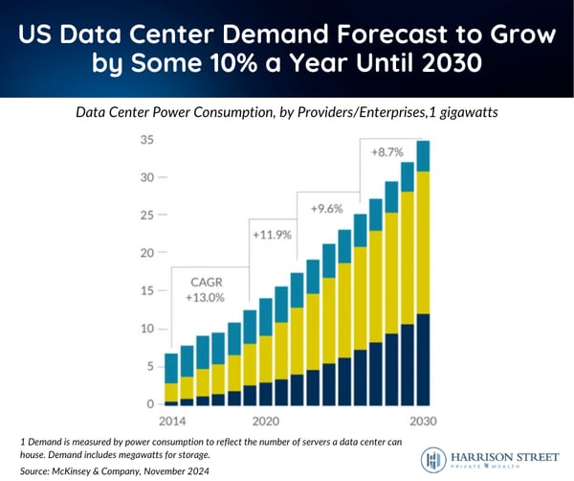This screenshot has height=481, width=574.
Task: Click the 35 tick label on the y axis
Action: tap(145, 141)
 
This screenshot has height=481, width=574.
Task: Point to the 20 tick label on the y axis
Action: tap(145, 254)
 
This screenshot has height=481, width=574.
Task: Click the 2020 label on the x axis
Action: tap(265, 422)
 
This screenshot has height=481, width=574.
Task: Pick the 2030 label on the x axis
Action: tap(422, 422)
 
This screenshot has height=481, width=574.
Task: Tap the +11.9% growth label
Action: tap(274, 234)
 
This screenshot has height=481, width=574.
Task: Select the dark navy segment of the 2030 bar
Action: tap(422, 359)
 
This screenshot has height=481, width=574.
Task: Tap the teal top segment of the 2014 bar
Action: tap(171, 369)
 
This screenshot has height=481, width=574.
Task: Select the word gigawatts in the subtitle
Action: tap(468, 112)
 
